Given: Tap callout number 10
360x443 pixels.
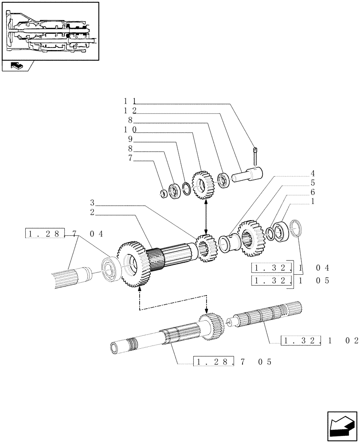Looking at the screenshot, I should [x=130, y=130].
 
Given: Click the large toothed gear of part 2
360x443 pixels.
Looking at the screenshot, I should [x=132, y=264].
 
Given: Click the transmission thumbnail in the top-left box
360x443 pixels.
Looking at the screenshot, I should [x=50, y=31].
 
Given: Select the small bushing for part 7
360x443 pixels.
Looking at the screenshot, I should [x=164, y=193].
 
